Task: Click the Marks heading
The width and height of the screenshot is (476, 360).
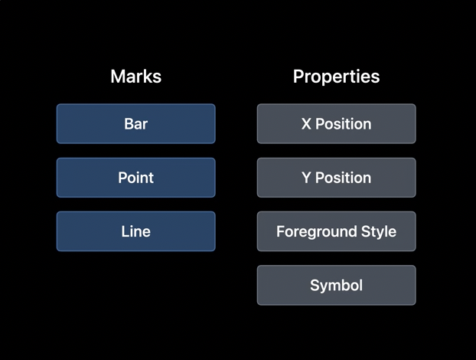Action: pos(136,77)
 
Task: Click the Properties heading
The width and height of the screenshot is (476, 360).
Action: pos(337,77)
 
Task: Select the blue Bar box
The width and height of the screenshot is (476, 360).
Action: pos(136,123)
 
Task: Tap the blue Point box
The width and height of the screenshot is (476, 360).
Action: pos(136,178)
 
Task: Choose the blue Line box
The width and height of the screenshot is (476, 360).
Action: pos(136,231)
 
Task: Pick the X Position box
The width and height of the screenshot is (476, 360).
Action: pos(337,123)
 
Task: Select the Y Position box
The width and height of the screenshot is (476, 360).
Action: pos(337,178)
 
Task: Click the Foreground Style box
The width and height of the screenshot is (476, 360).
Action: pos(337,231)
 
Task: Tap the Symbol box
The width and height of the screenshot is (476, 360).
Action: pos(337,285)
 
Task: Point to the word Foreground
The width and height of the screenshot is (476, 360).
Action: pos(316,232)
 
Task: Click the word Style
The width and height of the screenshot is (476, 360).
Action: pos(379,232)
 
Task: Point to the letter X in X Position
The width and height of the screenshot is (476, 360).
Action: pos(306,124)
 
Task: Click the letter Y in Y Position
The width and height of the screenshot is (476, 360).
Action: pos(307,178)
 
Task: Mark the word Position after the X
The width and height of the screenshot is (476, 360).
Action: pos(344,124)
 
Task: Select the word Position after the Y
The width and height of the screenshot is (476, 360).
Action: pos(344,178)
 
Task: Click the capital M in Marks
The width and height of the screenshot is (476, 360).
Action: pos(117,77)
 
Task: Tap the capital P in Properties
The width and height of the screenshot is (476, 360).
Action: pos(298,77)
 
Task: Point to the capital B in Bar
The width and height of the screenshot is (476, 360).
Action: pos(129,124)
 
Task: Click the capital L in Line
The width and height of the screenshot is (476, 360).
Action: pos(125,231)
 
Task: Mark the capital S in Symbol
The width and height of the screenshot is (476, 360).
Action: pos(315,285)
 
